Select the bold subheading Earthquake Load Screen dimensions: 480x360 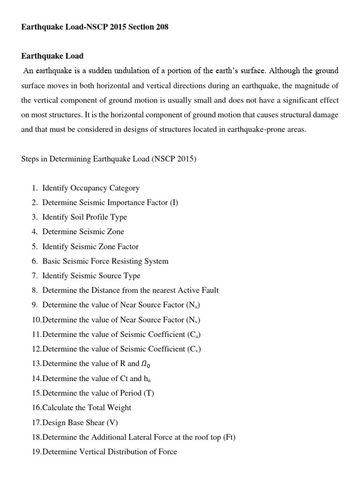(x=52, y=56)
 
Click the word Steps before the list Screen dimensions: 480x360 (x=31, y=159)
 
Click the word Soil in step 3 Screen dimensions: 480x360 (x=77, y=217)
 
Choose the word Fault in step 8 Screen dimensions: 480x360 (x=209, y=290)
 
